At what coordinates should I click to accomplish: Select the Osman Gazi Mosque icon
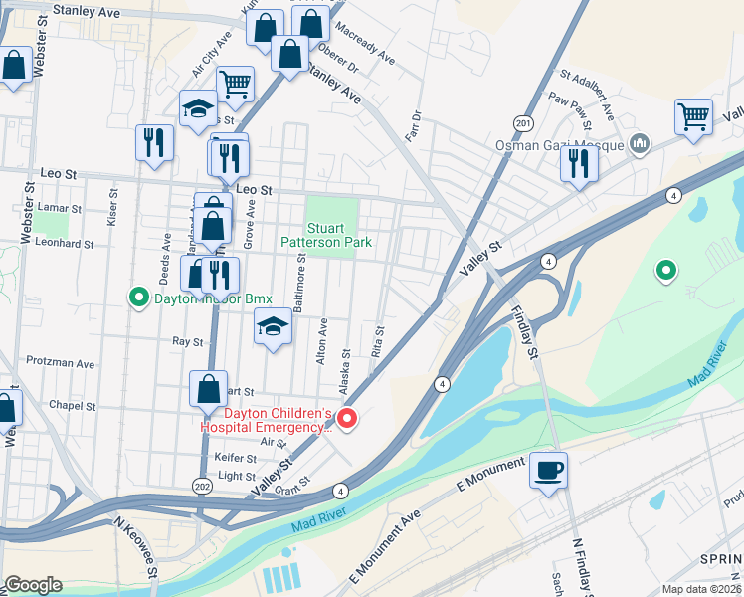[x=640, y=145]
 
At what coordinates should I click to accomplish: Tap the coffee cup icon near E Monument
[x=548, y=469]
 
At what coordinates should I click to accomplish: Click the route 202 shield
[x=203, y=484]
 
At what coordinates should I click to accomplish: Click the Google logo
[x=33, y=584]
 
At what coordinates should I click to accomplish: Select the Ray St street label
[x=187, y=341]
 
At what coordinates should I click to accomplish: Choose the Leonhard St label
[x=64, y=243]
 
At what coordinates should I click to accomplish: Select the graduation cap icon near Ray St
[x=273, y=326]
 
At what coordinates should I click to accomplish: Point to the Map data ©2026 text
[x=699, y=588]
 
